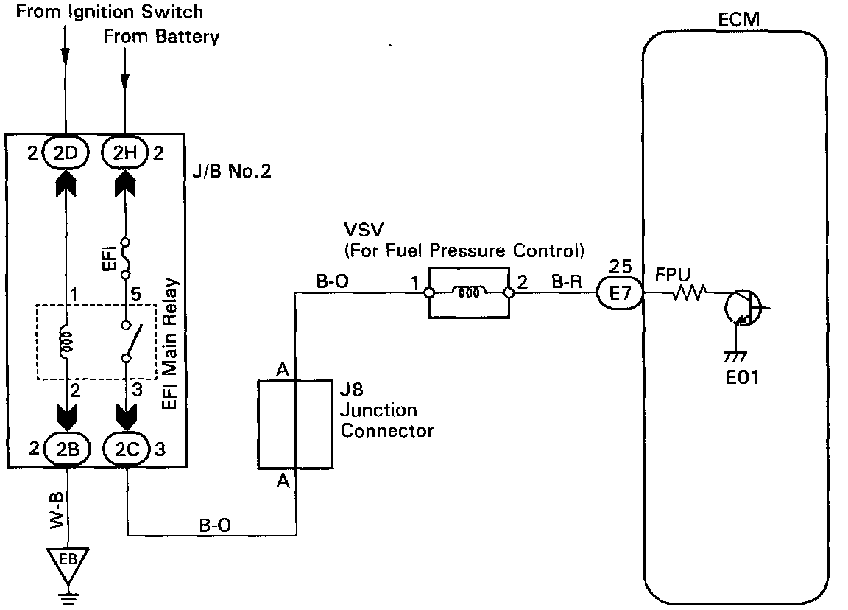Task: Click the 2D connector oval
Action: (x=66, y=153)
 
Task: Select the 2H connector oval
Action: (x=125, y=153)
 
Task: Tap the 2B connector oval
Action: (x=68, y=449)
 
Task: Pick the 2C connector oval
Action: (x=127, y=449)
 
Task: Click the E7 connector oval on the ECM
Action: (x=620, y=292)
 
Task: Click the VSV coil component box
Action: (x=469, y=292)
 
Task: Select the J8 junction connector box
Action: (x=295, y=424)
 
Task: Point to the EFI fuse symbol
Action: (x=125, y=258)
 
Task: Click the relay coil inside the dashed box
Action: (x=66, y=342)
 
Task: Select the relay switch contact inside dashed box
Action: (x=132, y=342)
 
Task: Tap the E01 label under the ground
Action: (x=743, y=376)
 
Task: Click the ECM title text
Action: (x=739, y=19)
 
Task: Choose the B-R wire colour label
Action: (x=567, y=281)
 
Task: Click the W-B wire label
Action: (x=57, y=510)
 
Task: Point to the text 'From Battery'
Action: (x=161, y=36)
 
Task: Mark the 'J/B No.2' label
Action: (x=231, y=171)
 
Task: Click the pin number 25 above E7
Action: (x=621, y=266)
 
